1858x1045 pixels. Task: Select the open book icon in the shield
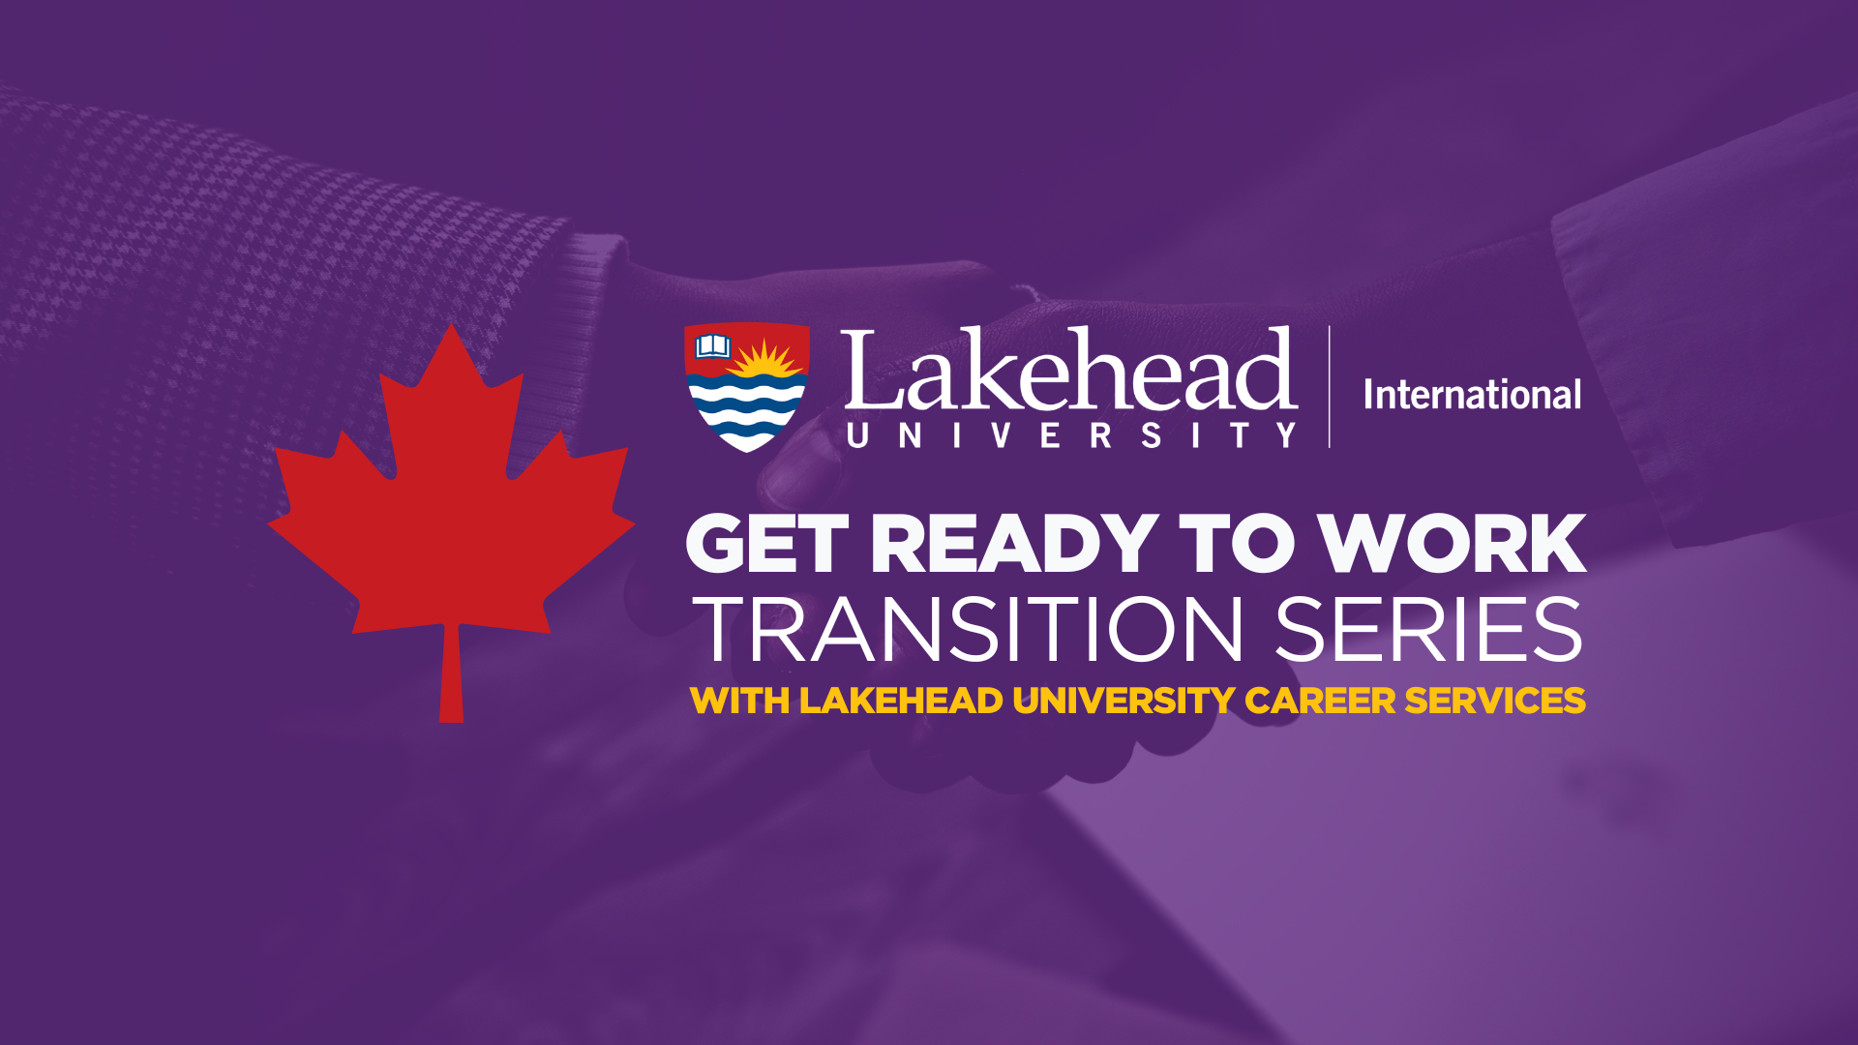pyautogui.click(x=713, y=345)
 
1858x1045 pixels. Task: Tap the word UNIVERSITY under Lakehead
pyautogui.click(x=1071, y=435)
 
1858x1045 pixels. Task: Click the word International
pyautogui.click(x=1472, y=394)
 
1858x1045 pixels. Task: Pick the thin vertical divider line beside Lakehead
pyautogui.click(x=1330, y=387)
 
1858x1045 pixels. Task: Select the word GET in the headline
pyautogui.click(x=766, y=544)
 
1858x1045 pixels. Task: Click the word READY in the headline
pyautogui.click(x=1014, y=544)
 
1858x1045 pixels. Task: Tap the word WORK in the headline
pyautogui.click(x=1453, y=544)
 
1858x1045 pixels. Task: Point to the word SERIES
pyautogui.click(x=1428, y=630)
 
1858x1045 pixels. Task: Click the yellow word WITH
pyautogui.click(x=739, y=701)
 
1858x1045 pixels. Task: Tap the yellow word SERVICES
pyautogui.click(x=1495, y=701)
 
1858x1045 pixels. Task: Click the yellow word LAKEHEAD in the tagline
pyautogui.click(x=901, y=701)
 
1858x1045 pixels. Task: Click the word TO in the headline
pyautogui.click(x=1237, y=544)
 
